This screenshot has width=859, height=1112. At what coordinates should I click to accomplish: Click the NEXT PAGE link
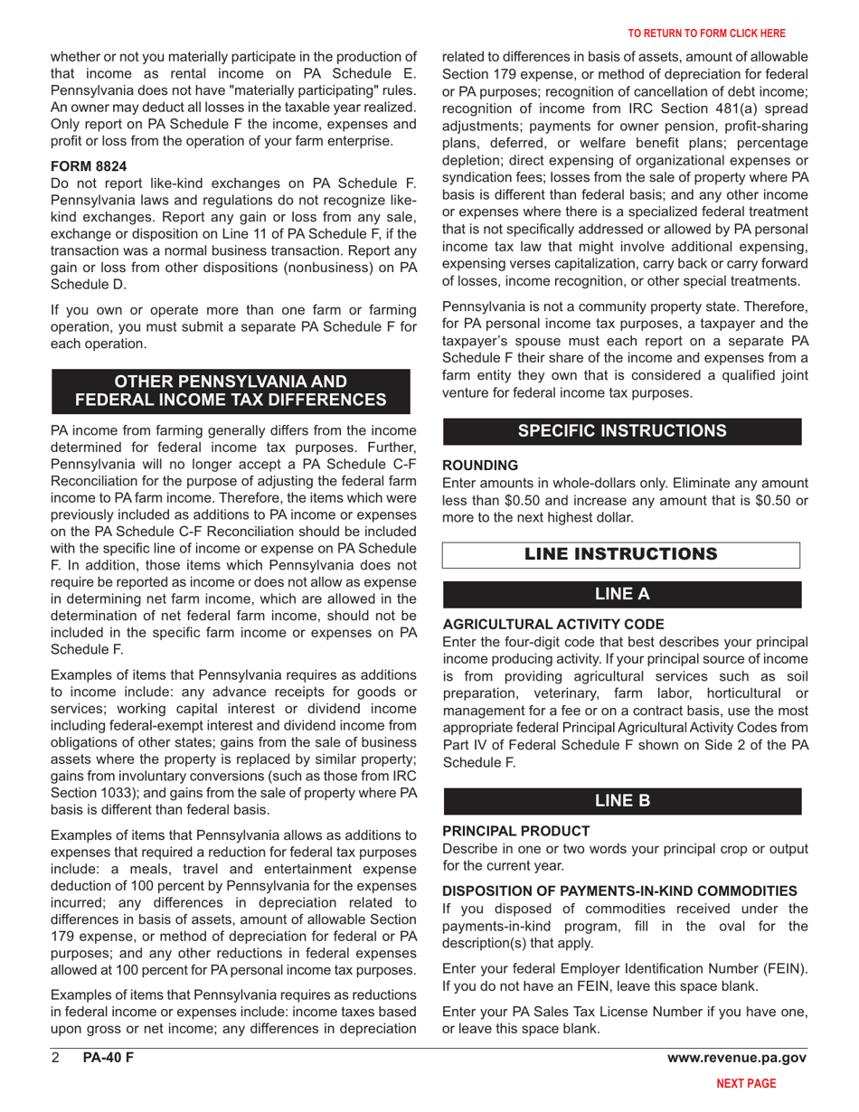tap(745, 1081)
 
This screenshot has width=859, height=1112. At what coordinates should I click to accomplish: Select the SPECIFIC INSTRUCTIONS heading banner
tap(621, 431)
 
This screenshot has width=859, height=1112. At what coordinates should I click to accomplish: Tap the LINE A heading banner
tap(621, 594)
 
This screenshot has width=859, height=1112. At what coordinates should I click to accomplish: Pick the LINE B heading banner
tap(621, 801)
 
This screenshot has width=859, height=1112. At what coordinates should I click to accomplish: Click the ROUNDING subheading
tap(480, 465)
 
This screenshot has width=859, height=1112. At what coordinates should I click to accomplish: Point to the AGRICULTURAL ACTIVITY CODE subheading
tap(552, 625)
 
